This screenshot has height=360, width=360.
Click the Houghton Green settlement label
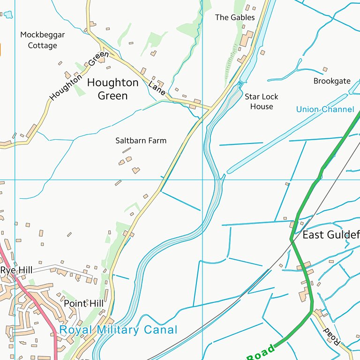point(113,89)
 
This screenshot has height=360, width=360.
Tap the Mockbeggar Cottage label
point(43,40)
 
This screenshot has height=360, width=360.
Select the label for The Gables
point(235,17)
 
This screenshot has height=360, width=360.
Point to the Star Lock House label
point(262,102)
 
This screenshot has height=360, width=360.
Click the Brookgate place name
point(332,81)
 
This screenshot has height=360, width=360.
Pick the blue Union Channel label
point(325,110)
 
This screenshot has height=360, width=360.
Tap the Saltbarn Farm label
point(141,141)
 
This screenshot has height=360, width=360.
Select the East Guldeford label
point(330,235)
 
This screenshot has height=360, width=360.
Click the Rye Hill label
point(17,270)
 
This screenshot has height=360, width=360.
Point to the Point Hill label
point(83,304)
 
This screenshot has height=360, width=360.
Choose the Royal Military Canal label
point(118,330)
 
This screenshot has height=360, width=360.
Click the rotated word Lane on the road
point(157,88)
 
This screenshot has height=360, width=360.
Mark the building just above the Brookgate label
point(325,69)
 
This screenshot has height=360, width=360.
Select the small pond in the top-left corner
point(8,15)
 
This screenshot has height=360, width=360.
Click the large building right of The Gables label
point(247,39)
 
